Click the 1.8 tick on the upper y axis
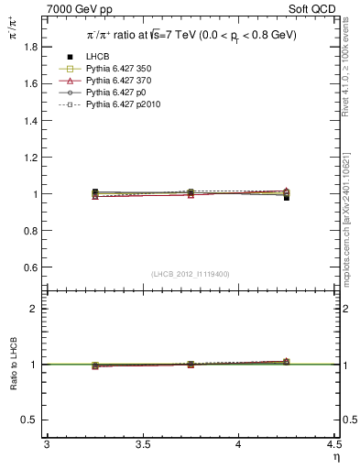(x=31, y=46)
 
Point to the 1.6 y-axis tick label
(x=31, y=83)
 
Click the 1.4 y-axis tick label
(x=31, y=120)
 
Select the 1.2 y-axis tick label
(x=31, y=158)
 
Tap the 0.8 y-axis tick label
(x=31, y=231)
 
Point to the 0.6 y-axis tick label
(x=31, y=267)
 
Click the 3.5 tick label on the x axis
(x=143, y=445)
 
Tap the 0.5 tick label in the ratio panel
(x=31, y=420)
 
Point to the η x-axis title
(x=334, y=456)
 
